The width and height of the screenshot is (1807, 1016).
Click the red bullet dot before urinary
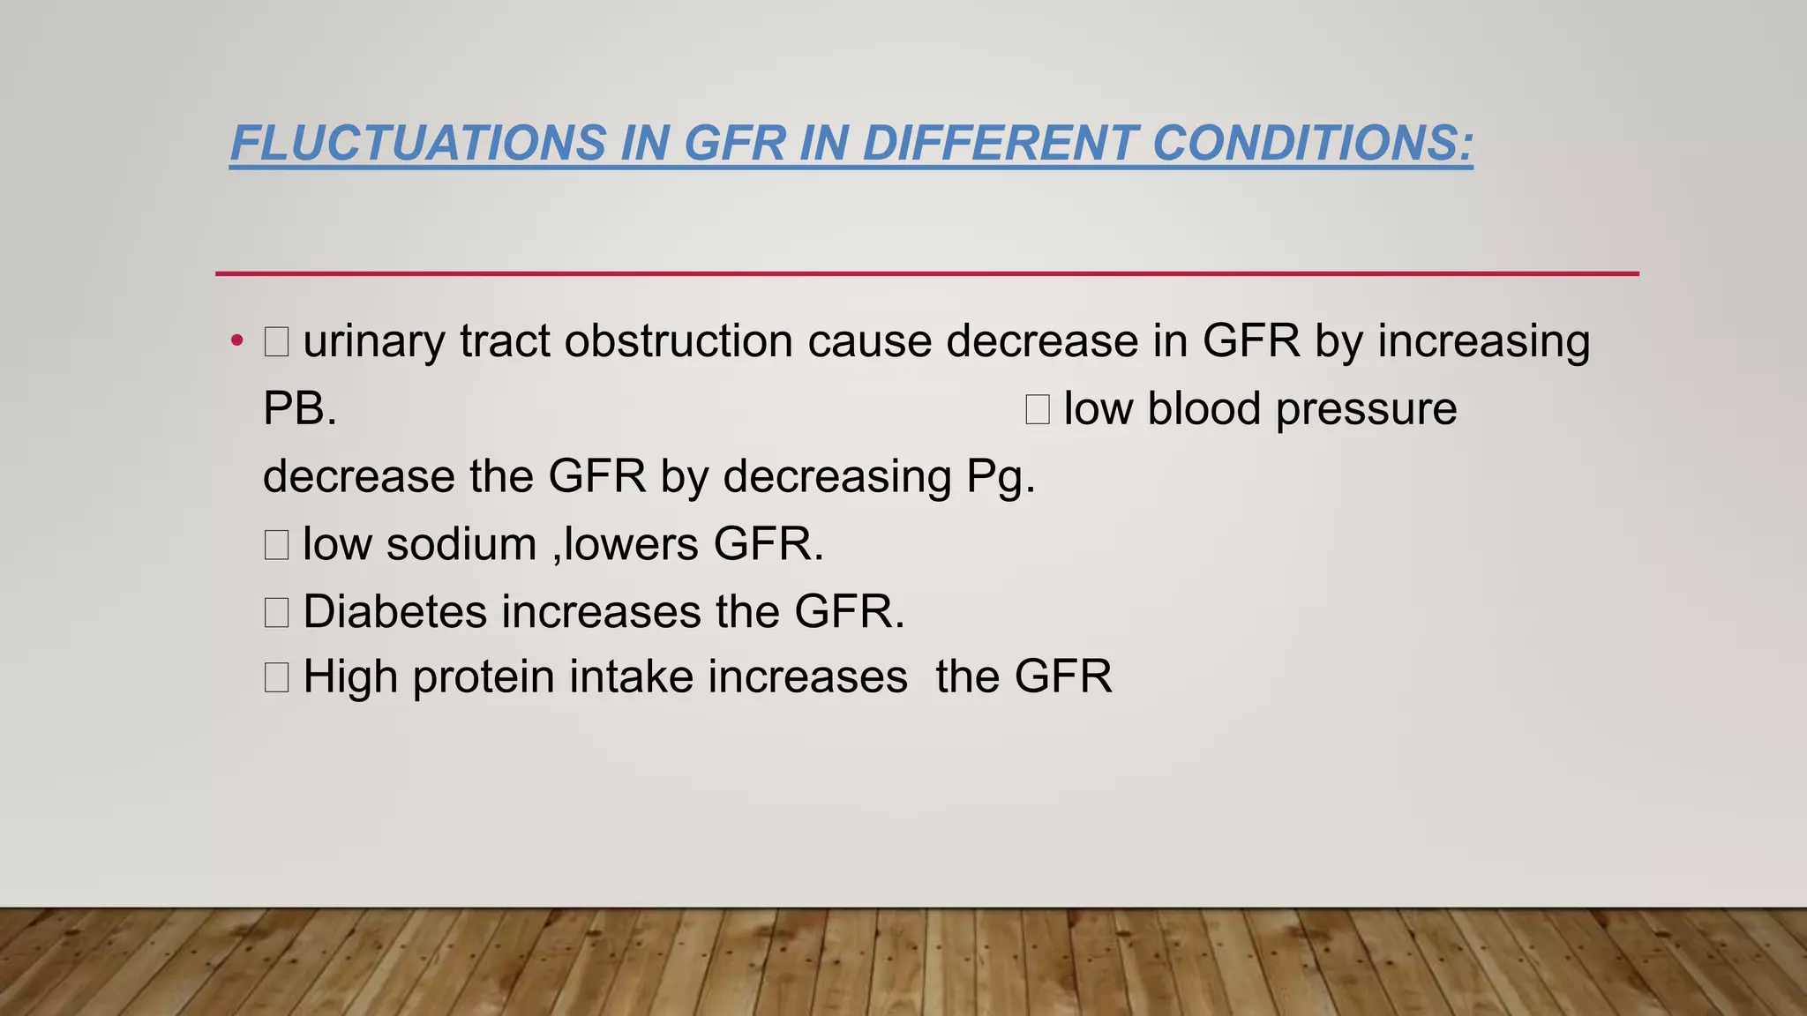[x=236, y=341]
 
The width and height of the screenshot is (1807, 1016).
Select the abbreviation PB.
[x=299, y=409]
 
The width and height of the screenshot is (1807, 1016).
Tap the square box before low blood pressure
[x=1038, y=409]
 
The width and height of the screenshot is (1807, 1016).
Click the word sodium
[x=461, y=544]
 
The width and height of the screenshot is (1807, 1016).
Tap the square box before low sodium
[x=276, y=544]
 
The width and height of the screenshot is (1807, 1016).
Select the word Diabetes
[x=394, y=611]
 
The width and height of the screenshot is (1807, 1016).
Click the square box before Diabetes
[x=276, y=611]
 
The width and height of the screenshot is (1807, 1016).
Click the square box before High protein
[x=276, y=677]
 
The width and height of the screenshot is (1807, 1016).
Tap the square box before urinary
[x=276, y=341]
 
